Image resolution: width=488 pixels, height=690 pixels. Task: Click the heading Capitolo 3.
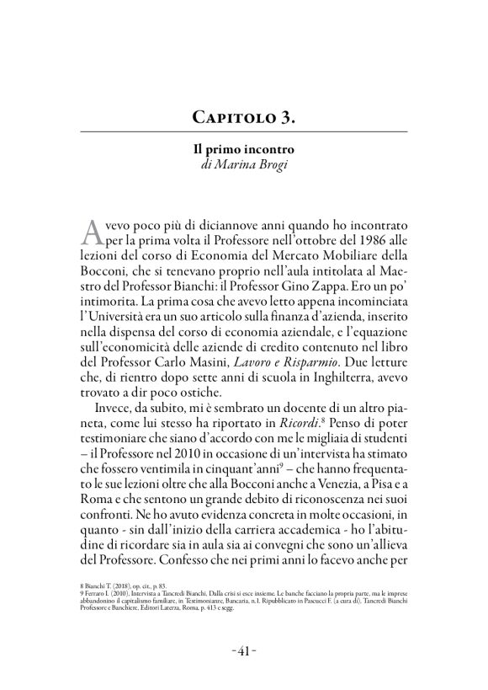(x=243, y=116)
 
